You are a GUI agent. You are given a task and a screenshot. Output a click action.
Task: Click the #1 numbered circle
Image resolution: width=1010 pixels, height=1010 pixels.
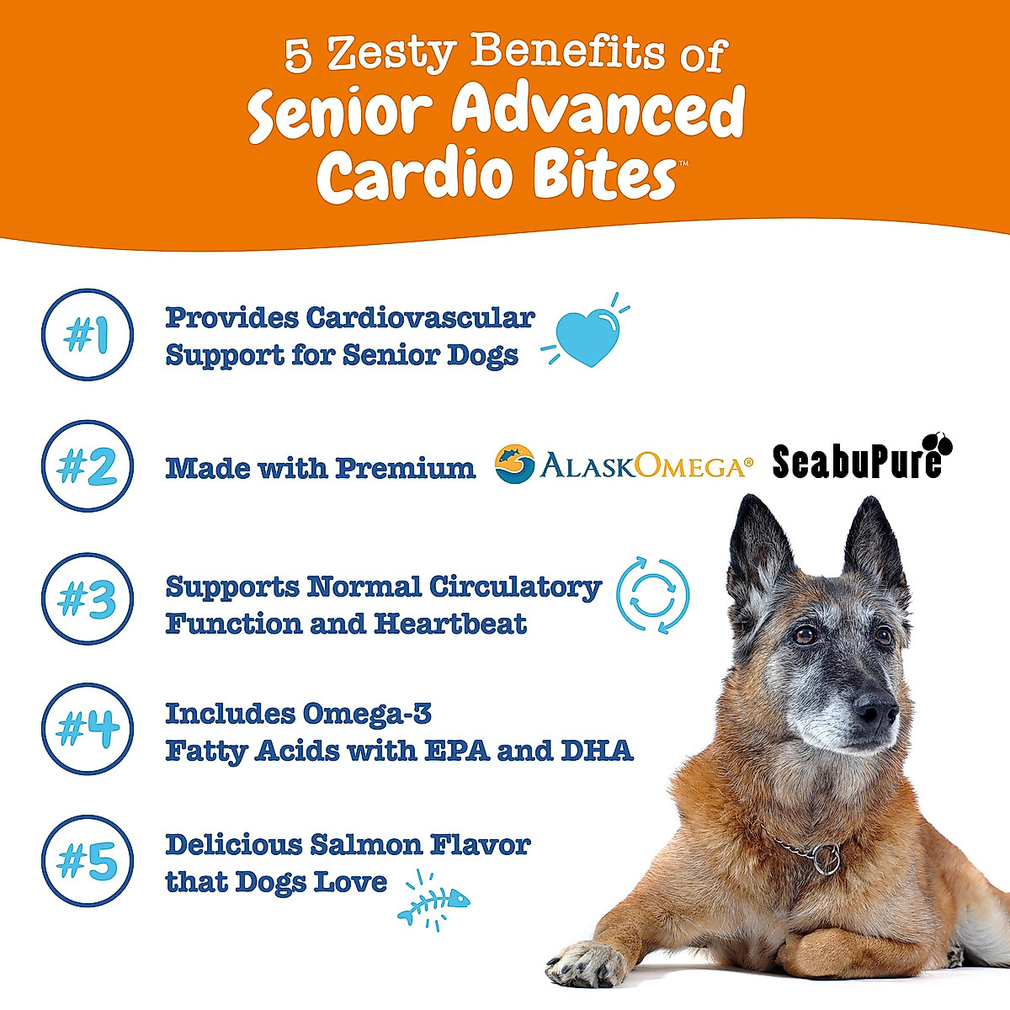(x=88, y=335)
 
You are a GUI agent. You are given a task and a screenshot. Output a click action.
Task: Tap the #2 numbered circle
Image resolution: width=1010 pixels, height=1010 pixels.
(x=88, y=466)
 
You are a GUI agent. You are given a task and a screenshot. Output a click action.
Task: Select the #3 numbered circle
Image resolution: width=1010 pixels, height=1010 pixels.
(x=88, y=598)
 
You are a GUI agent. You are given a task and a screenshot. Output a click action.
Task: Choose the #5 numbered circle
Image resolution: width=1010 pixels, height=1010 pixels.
(x=88, y=861)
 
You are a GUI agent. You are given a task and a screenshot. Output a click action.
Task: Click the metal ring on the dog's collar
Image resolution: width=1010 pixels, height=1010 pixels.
(x=827, y=858)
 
